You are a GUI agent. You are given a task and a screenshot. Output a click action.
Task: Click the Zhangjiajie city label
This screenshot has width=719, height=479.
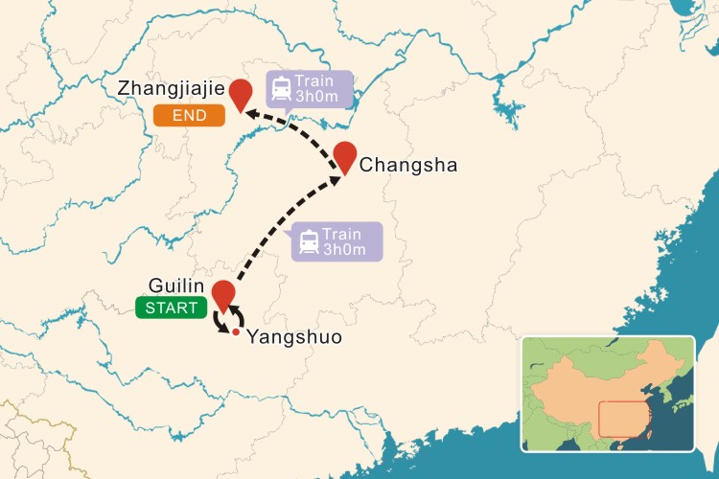point(171,88)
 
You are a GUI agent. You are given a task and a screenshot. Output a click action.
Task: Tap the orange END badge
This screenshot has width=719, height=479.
point(189,116)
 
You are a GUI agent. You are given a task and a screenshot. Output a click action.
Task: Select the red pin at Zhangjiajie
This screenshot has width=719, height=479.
point(241,92)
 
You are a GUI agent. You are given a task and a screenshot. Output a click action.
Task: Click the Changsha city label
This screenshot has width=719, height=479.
point(408,166)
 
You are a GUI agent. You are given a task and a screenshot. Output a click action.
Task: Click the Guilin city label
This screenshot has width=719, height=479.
point(176,286)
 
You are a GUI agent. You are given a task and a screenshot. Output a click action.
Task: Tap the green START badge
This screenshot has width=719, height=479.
point(170,308)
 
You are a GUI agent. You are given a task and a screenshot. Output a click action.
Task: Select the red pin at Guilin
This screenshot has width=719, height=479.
point(223,294)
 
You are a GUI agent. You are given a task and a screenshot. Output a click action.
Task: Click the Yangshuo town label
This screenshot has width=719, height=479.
point(294,337)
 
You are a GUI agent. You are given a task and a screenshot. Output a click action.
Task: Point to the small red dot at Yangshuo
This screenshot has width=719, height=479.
point(235,331)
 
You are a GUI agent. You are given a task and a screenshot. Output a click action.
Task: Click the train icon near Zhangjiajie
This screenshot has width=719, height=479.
point(282,89)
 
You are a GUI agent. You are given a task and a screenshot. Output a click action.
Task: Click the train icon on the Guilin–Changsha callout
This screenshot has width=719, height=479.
point(310,242)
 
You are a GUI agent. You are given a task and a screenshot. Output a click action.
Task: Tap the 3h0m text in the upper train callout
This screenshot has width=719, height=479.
point(317,98)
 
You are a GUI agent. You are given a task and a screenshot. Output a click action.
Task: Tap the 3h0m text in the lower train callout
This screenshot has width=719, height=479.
point(345,251)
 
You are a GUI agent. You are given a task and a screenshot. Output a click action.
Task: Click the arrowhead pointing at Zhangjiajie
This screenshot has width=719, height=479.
point(248,115)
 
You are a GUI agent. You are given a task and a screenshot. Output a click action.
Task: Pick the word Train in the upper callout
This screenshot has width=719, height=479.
point(315,81)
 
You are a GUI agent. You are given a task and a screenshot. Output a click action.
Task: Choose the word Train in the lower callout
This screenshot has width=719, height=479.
point(343,235)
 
